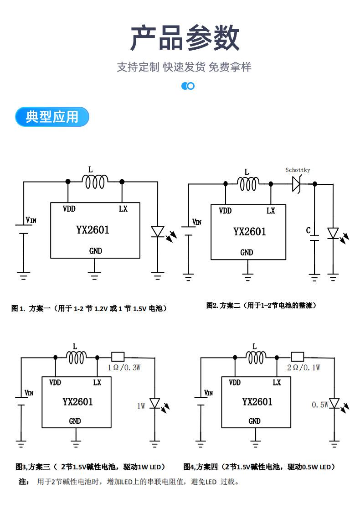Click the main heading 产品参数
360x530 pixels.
pos(185,38)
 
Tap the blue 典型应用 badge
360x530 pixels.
pos(52,117)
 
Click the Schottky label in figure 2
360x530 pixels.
pos(298,170)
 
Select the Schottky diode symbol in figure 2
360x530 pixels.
pos(297,184)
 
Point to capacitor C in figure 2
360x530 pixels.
pos(314,238)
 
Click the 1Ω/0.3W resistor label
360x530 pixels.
pos(124,368)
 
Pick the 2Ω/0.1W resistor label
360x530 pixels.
pos(303,368)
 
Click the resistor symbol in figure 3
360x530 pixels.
pos(118,357)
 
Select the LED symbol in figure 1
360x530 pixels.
pos(158,232)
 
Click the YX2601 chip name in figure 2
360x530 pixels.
pos(250,232)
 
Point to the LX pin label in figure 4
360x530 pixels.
pos(277,382)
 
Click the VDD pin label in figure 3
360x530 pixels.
pos(55,382)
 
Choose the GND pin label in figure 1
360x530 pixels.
pos(96,251)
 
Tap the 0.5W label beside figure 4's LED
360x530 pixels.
pos(320,405)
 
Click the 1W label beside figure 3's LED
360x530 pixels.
pos(141,406)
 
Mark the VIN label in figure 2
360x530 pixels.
pos(197,222)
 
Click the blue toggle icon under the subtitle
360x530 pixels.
pos(188,86)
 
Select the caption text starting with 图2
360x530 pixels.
pos(262,306)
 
